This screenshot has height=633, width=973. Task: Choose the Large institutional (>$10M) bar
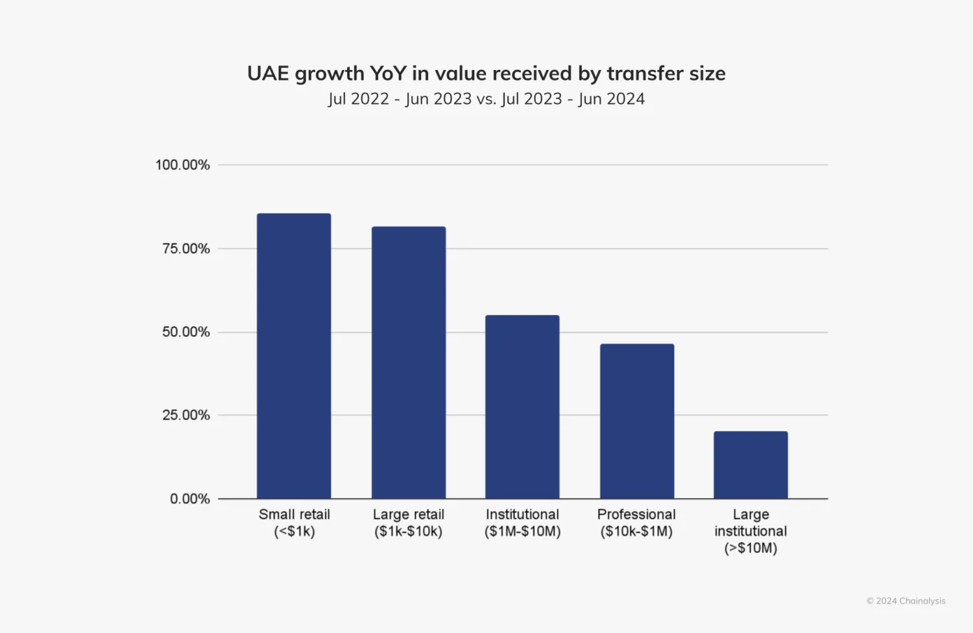click(x=751, y=465)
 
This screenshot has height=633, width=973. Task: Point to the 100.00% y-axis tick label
click(x=182, y=165)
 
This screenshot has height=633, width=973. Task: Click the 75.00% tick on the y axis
click(x=186, y=249)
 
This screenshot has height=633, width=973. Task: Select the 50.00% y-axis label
click(x=186, y=332)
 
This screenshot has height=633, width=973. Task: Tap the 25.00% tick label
click(x=186, y=415)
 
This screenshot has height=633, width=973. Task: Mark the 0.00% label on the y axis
click(x=189, y=499)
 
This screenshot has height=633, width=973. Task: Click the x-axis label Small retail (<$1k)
click(x=294, y=523)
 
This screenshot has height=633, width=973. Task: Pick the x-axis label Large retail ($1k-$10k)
click(x=409, y=523)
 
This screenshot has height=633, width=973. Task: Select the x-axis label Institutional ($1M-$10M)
click(x=522, y=523)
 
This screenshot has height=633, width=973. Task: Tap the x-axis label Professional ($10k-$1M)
click(x=636, y=523)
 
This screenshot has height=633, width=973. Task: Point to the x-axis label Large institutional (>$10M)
click(x=751, y=531)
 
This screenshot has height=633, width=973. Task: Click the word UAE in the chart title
click(x=268, y=73)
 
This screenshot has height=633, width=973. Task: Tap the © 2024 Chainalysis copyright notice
click(x=906, y=601)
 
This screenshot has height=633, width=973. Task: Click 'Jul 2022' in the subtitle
click(x=358, y=99)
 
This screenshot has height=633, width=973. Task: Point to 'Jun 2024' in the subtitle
click(x=611, y=99)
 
